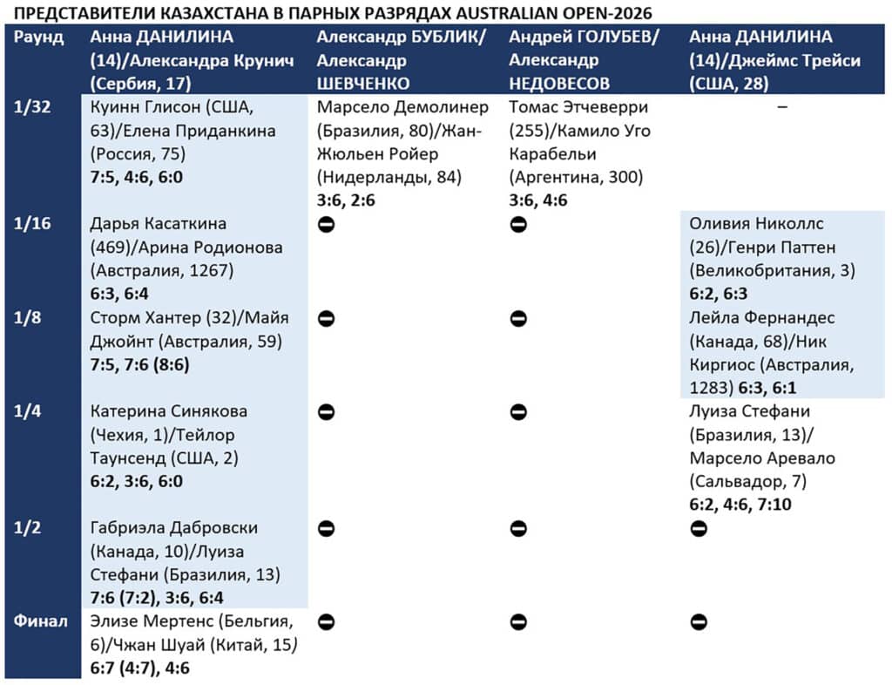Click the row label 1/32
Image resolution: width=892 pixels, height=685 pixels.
(x=30, y=107)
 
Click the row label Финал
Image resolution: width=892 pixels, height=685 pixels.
(x=40, y=622)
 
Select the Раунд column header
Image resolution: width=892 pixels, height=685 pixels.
(x=39, y=37)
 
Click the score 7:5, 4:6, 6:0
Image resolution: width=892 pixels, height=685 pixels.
(x=137, y=178)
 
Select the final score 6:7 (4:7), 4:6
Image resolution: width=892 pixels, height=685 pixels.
(x=140, y=668)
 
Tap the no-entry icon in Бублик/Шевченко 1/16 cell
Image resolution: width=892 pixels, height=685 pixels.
(x=326, y=224)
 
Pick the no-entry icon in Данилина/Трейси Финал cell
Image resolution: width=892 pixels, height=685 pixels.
(x=698, y=622)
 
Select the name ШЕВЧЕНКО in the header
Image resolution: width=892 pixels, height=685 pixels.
(x=362, y=84)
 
